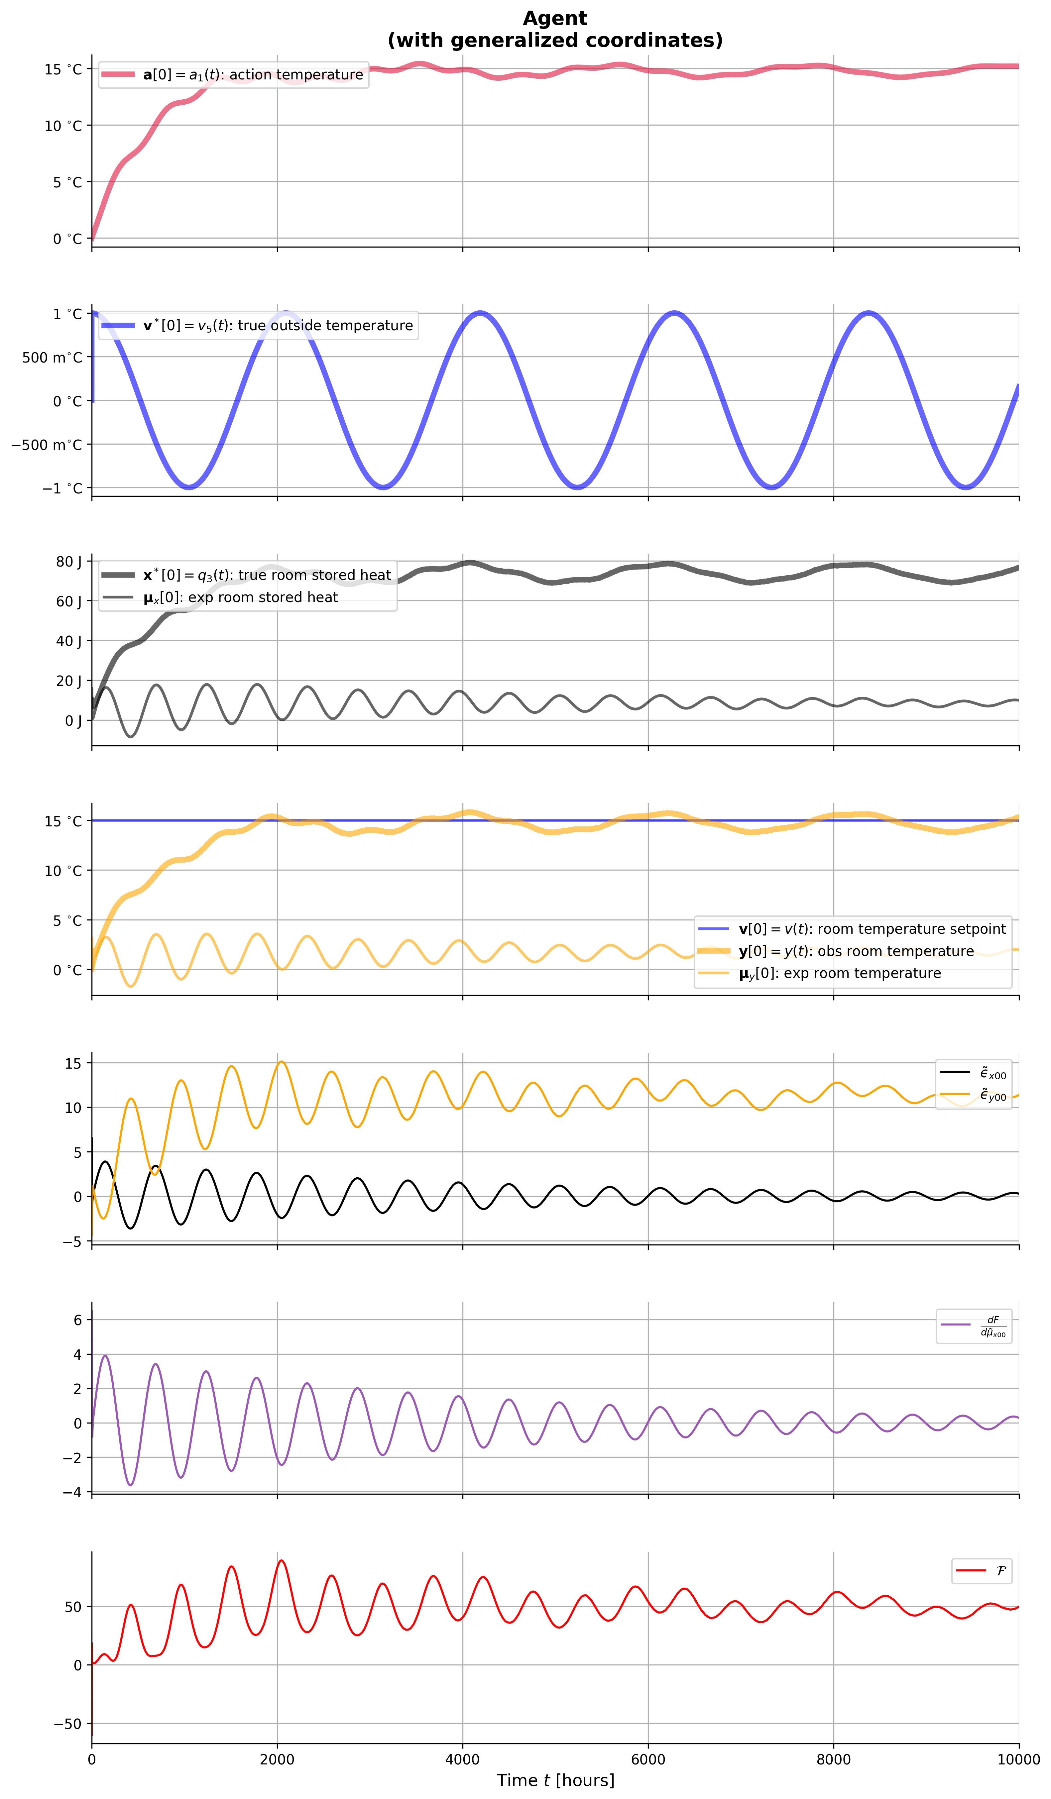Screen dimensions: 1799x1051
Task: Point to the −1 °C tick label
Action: (x=62, y=488)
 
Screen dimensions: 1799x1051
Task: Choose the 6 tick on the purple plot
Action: (x=78, y=1320)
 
